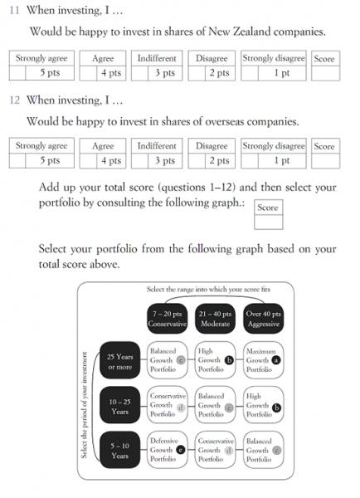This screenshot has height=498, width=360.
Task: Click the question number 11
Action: (x=15, y=10)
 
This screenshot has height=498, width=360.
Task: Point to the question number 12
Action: (x=15, y=100)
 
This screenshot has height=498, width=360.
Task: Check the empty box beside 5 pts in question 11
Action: (x=17, y=73)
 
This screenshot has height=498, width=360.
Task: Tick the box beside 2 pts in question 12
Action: (x=197, y=161)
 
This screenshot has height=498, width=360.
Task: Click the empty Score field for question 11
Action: (x=325, y=73)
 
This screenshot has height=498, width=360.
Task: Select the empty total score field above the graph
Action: (x=268, y=222)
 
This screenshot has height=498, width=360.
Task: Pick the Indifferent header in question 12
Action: (x=157, y=146)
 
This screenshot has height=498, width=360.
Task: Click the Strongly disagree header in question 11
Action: (x=274, y=58)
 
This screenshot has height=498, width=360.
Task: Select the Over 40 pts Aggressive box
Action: (x=264, y=319)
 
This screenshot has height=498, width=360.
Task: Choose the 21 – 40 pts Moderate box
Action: (x=215, y=319)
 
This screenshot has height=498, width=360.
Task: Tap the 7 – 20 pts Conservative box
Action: (x=168, y=319)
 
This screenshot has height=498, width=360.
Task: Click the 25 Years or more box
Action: (x=120, y=360)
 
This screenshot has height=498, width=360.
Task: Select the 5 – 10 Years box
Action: (x=120, y=450)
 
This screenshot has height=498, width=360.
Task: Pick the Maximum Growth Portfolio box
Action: (x=264, y=360)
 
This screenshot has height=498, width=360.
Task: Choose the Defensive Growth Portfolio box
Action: (x=168, y=450)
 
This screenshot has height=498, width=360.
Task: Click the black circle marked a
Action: (x=276, y=360)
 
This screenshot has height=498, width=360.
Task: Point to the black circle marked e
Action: (x=180, y=450)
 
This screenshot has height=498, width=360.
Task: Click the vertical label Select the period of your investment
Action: (x=84, y=405)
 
